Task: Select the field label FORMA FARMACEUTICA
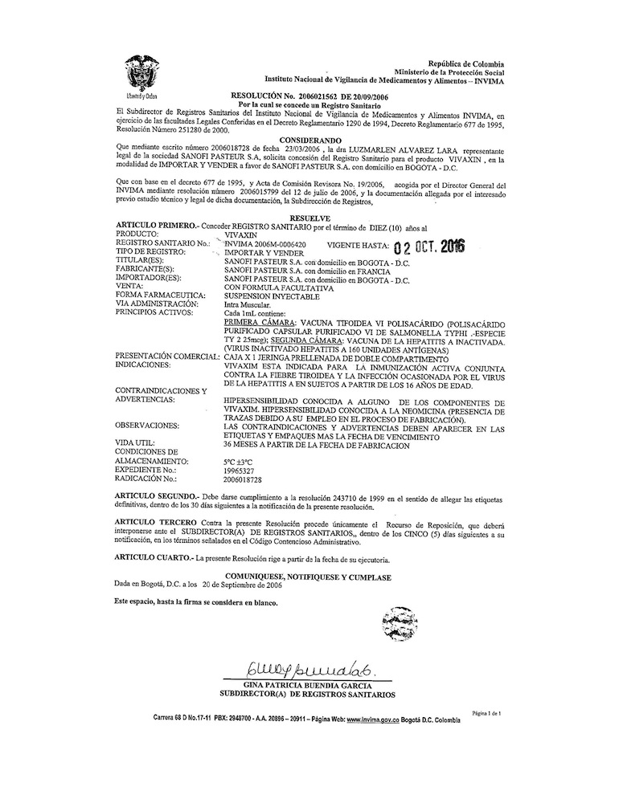tap(162, 294)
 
